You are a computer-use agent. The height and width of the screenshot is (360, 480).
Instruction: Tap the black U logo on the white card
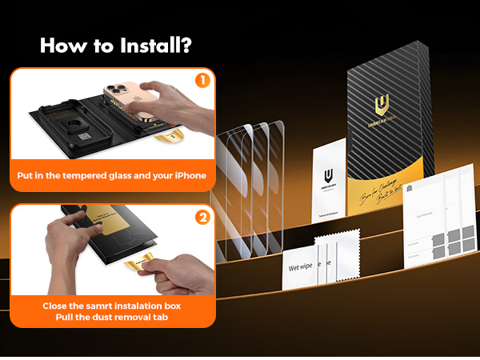(328, 178)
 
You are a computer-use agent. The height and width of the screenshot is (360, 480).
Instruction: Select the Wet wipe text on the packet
(302, 266)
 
